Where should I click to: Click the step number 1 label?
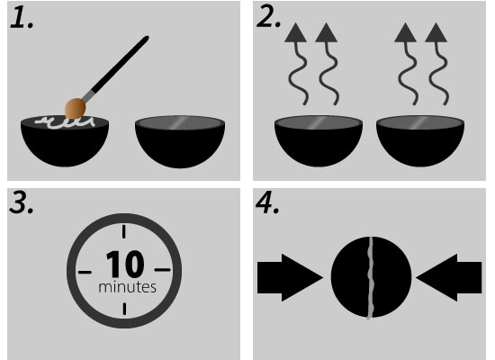click(x=22, y=18)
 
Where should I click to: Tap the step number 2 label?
click(x=269, y=17)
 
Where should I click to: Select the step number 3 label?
click(x=22, y=202)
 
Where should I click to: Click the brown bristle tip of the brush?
click(x=75, y=108)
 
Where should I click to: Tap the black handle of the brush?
click(x=121, y=64)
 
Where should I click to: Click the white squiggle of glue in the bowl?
click(x=66, y=122)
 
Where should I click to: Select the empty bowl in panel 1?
click(x=180, y=141)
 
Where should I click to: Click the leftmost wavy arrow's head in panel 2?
click(x=295, y=32)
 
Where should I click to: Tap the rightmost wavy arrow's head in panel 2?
click(x=436, y=32)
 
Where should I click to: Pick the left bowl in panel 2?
click(x=319, y=140)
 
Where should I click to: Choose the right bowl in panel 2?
click(x=420, y=140)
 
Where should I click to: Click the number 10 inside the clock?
click(x=125, y=264)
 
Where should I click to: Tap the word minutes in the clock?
click(x=127, y=287)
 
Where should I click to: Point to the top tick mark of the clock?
click(x=124, y=231)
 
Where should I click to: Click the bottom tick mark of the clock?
click(x=124, y=309)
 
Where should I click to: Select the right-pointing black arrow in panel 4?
click(x=290, y=277)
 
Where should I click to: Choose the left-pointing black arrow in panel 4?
click(x=449, y=277)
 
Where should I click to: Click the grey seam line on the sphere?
click(x=370, y=278)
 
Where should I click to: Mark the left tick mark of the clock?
click(x=85, y=272)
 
